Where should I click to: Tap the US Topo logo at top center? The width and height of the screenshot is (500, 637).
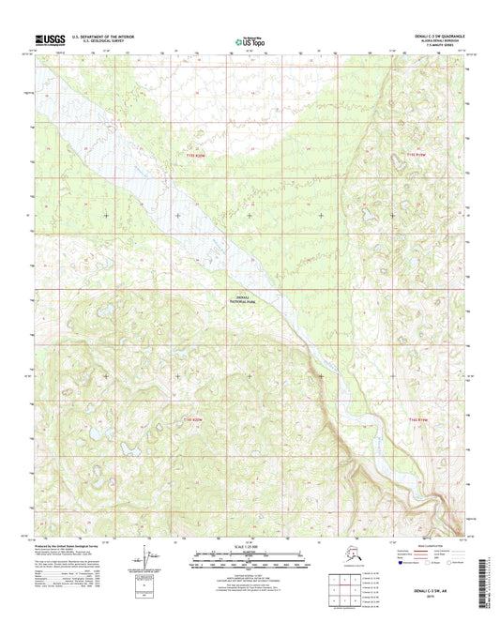pos(249,41)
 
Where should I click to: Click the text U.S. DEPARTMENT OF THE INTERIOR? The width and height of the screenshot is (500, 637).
pos(98,36)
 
